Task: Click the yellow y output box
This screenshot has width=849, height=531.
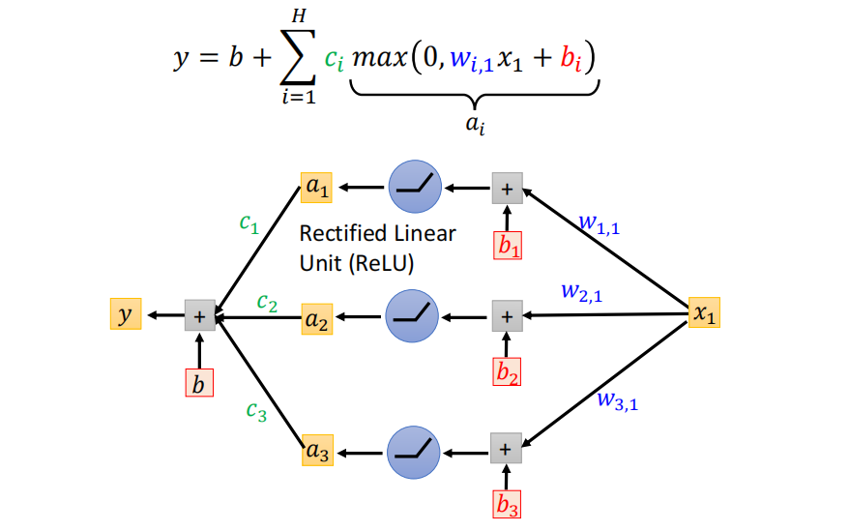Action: click(x=125, y=314)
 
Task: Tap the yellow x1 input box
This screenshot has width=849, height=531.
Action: click(x=704, y=314)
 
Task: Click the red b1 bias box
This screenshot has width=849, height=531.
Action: click(x=508, y=246)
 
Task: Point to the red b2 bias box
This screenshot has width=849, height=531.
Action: click(x=507, y=371)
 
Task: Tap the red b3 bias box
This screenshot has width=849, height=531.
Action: click(x=507, y=503)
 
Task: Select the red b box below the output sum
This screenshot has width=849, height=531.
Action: click(x=198, y=383)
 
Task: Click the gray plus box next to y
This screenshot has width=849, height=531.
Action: click(x=199, y=315)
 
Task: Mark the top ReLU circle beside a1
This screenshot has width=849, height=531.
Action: click(x=415, y=188)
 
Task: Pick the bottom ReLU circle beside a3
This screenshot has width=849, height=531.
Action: click(x=414, y=449)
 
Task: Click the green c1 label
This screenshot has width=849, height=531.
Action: click(x=249, y=223)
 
